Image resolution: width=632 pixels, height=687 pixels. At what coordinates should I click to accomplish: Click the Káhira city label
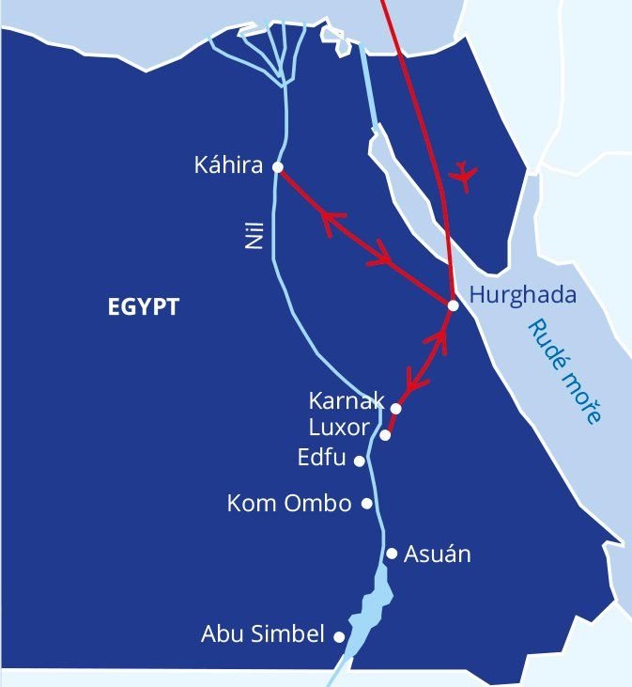click(229, 166)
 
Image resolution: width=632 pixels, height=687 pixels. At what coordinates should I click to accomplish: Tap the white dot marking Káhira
click(277, 166)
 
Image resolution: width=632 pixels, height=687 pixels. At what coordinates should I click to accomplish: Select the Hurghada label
click(522, 296)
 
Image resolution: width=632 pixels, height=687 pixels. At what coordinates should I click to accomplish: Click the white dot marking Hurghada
click(453, 305)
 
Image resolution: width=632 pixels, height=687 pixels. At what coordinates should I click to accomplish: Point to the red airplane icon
click(463, 175)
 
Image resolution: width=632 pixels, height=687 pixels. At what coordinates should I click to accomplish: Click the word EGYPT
click(144, 307)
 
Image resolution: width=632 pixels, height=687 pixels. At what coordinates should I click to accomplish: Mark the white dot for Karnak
click(395, 409)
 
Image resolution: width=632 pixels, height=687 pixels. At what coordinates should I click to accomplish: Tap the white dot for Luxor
click(386, 435)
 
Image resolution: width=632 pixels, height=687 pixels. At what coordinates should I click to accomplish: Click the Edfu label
click(321, 459)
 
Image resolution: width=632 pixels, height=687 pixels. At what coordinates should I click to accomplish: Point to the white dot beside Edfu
click(359, 461)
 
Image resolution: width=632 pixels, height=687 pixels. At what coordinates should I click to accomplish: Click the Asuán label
click(437, 554)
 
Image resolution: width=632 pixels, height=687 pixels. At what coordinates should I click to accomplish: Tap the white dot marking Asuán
click(393, 554)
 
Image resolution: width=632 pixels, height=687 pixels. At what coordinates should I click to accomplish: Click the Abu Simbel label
click(262, 634)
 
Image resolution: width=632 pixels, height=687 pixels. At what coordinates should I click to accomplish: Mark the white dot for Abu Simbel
click(339, 636)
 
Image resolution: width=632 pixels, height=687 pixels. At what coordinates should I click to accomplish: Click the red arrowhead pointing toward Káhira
click(331, 221)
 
